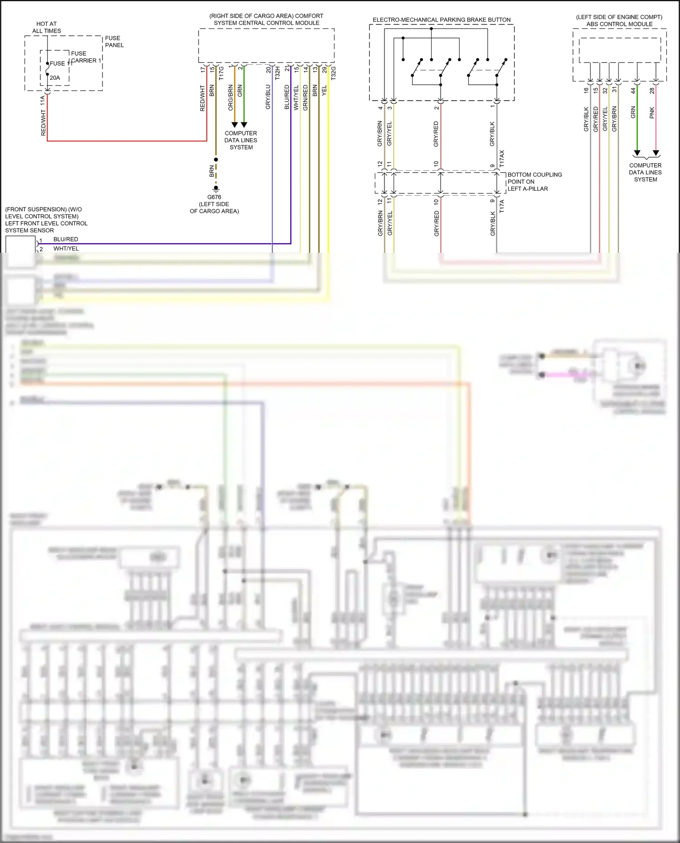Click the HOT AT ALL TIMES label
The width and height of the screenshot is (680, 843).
click(x=46, y=27)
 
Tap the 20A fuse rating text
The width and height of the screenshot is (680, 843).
click(x=55, y=78)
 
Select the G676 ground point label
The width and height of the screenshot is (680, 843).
click(x=214, y=197)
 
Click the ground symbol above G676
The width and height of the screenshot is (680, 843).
click(x=216, y=188)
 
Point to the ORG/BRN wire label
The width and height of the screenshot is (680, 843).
click(x=231, y=97)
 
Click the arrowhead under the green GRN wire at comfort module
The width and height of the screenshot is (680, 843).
click(x=244, y=125)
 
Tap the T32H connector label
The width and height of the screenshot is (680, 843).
click(x=277, y=72)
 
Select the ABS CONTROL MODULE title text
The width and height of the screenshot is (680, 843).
click(x=619, y=24)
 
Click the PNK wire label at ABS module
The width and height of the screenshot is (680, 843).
click(x=652, y=113)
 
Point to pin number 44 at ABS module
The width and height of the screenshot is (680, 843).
click(x=633, y=91)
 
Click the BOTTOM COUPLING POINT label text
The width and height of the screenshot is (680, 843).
click(x=534, y=181)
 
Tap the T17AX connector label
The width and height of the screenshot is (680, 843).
click(x=502, y=159)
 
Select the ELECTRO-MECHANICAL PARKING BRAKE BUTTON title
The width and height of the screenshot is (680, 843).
click(x=442, y=20)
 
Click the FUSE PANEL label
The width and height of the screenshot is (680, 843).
click(x=114, y=42)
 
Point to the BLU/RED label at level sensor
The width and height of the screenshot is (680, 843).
click(x=66, y=239)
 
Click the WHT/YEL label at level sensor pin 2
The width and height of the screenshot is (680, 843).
click(x=66, y=249)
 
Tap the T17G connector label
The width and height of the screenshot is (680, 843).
click(x=221, y=73)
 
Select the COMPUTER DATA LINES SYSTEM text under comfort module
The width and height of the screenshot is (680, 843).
click(x=241, y=140)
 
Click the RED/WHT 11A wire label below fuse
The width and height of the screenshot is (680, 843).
click(x=43, y=116)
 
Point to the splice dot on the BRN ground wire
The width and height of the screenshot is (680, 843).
click(x=216, y=159)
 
